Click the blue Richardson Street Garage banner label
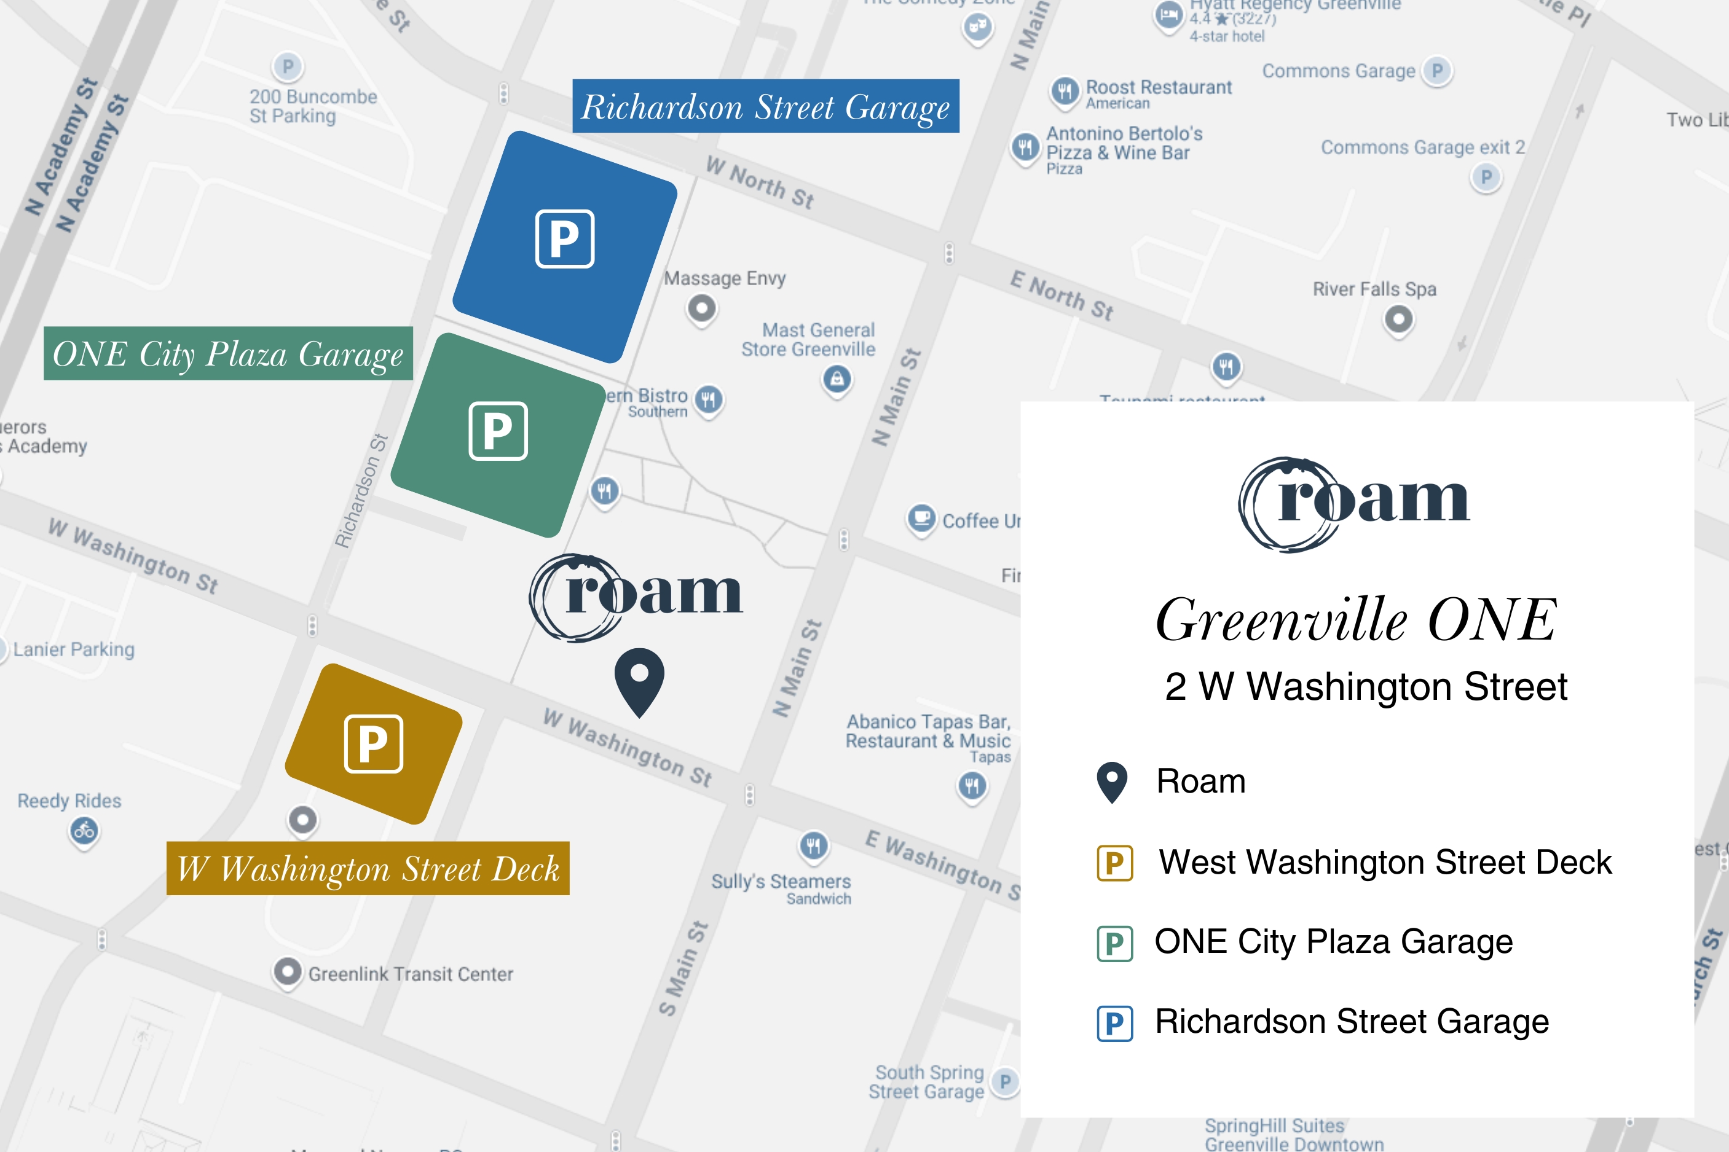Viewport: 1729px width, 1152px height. point(766,106)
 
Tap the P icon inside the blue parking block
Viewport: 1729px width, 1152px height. point(564,239)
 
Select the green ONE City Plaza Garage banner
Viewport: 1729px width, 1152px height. point(228,353)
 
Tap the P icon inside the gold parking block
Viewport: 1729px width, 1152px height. point(373,743)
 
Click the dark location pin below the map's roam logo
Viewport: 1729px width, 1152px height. point(639,679)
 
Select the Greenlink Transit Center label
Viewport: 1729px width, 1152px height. point(410,974)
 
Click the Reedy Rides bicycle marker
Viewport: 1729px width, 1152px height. point(84,831)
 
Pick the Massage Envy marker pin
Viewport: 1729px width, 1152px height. point(702,307)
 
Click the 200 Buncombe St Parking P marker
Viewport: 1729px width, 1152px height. point(287,67)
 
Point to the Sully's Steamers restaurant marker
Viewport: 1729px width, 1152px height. point(813,845)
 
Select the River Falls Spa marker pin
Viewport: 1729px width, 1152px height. point(1398,319)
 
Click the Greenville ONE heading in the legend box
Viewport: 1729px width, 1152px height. point(1356,619)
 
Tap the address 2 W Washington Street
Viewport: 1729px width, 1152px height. point(1365,687)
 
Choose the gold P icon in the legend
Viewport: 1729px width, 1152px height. point(1114,863)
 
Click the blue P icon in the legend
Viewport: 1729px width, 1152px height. point(1114,1023)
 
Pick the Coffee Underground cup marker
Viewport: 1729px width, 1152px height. point(921,518)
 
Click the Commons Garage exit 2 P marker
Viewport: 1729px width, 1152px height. point(1486,177)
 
